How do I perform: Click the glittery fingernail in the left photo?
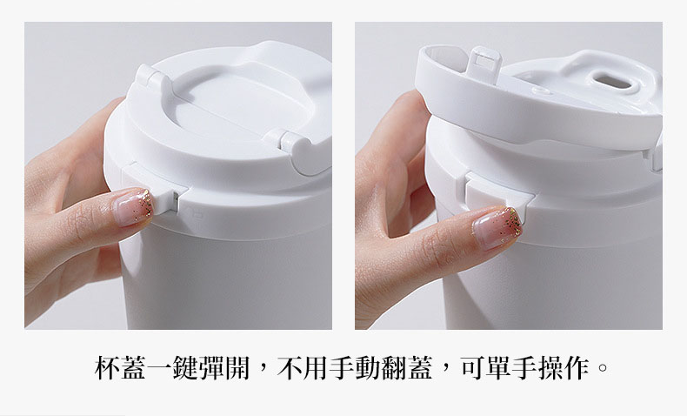tap(132, 207)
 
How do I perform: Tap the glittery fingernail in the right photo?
tap(497, 228)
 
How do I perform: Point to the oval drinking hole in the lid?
tap(611, 81)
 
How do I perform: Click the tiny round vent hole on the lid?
tap(541, 91)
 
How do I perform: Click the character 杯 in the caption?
tap(107, 367)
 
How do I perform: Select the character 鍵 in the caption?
tap(184, 367)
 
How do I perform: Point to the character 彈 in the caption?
tap(210, 367)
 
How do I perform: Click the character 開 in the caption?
tap(237, 367)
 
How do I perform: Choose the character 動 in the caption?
tap(368, 367)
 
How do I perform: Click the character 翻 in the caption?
tap(393, 367)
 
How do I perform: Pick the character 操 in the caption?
tap(550, 367)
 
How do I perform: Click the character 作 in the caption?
tap(577, 367)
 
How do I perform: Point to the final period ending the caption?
tap(604, 367)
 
